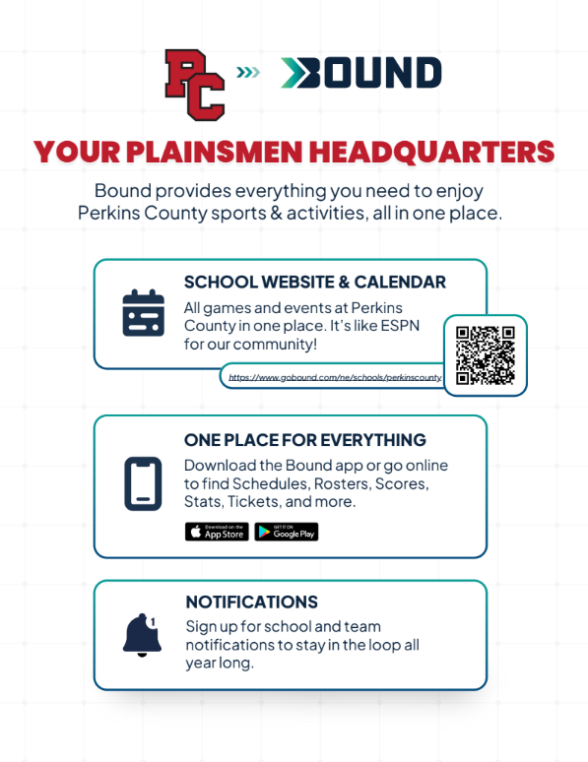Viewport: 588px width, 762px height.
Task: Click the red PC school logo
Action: pos(194,84)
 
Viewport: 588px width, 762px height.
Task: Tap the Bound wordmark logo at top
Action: pos(361,72)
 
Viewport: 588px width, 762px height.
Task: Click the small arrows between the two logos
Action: pos(249,71)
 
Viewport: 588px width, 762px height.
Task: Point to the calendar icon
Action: pos(143,313)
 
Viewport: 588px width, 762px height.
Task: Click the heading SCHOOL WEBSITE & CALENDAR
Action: pos(315,283)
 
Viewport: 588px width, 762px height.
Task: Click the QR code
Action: pos(486,355)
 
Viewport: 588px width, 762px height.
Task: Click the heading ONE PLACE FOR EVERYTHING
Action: pos(305,440)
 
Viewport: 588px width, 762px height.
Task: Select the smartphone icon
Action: pos(143,483)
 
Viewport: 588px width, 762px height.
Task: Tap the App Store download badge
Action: pos(217,532)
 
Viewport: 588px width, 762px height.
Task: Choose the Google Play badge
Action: pos(287,532)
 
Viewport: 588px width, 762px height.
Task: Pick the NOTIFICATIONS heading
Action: pos(251,602)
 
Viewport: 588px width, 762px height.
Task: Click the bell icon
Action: pos(142,635)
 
